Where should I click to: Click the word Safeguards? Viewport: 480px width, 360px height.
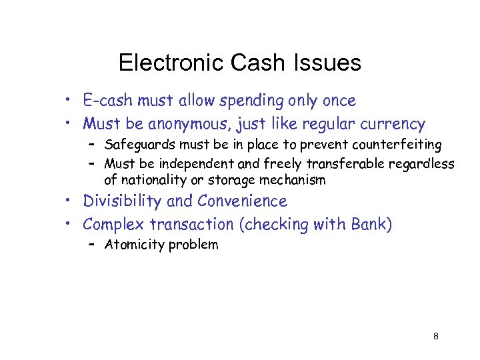tap(137, 145)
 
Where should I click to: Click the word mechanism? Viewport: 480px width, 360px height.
tap(293, 180)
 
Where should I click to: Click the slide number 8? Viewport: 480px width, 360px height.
tap(435, 336)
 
